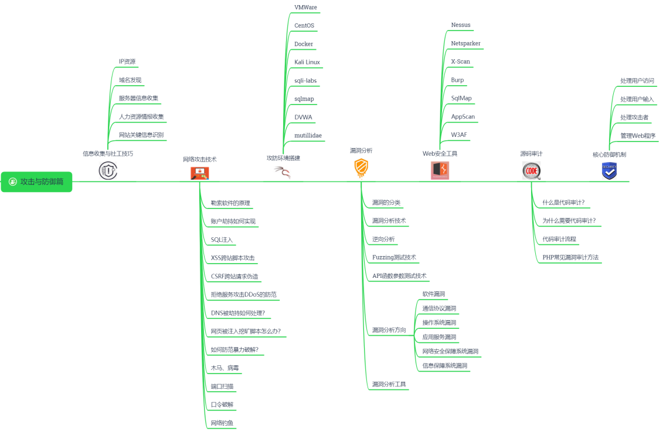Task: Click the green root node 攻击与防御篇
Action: [36, 182]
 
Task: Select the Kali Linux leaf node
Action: [307, 62]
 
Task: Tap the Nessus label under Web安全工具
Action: [461, 25]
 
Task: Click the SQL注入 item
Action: [222, 240]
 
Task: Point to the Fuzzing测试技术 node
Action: [394, 257]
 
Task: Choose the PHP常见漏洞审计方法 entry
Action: [570, 257]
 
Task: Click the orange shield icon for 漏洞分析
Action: [361, 169]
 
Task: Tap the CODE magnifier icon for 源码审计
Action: [531, 170]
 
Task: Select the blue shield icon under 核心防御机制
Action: [609, 171]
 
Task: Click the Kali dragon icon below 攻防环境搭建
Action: [283, 172]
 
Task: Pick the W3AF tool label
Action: [459, 135]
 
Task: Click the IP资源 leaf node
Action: [127, 62]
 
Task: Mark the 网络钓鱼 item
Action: [223, 423]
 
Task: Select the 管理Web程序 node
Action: [638, 136]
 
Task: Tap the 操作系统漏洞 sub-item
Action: [439, 323]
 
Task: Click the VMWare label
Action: [305, 8]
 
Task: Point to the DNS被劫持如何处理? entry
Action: [237, 313]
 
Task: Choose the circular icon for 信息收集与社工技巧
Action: [108, 171]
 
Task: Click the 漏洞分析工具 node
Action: [389, 385]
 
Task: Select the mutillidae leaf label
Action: [308, 136]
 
